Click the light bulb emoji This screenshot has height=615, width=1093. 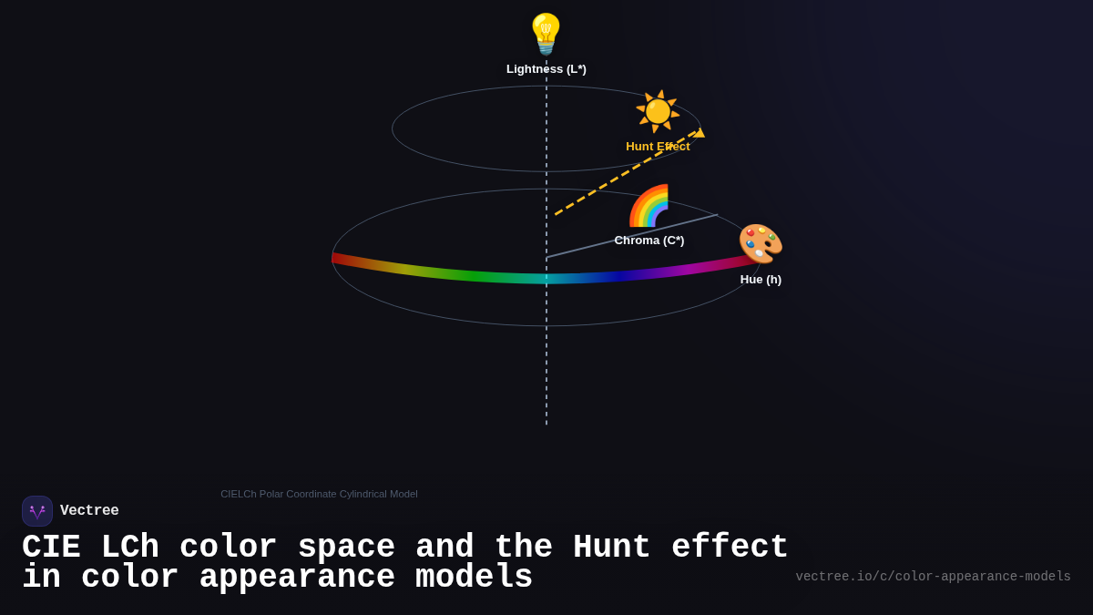(x=546, y=34)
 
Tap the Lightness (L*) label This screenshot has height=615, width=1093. (x=546, y=69)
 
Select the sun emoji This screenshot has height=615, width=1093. (x=658, y=111)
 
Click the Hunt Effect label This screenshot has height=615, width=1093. (x=658, y=147)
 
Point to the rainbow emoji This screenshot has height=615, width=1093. (x=649, y=207)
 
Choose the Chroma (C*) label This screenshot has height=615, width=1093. (x=649, y=241)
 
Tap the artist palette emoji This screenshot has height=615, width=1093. (x=761, y=244)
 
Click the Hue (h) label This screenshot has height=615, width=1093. (x=761, y=280)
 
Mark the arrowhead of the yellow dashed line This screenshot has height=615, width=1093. (x=699, y=133)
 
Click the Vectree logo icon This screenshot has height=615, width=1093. (x=37, y=511)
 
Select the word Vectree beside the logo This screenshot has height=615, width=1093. (x=89, y=511)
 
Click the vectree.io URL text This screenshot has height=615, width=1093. (x=933, y=577)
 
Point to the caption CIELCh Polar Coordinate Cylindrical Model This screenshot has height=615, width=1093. (x=319, y=494)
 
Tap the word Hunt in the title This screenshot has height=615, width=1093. (x=611, y=548)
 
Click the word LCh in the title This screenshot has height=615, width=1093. (x=129, y=548)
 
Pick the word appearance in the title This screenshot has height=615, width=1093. (x=297, y=578)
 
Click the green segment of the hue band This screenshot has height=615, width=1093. (x=474, y=275)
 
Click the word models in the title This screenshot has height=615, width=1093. (x=474, y=578)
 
